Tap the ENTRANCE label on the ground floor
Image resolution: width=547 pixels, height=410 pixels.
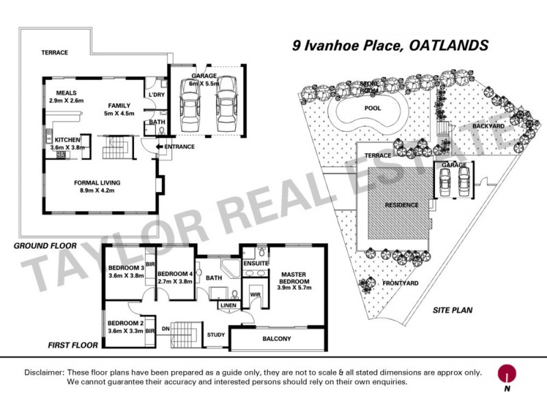[179, 146]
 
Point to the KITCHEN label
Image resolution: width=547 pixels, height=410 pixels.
[64, 138]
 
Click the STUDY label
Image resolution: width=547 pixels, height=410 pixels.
[216, 335]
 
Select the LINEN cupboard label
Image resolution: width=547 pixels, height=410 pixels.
[228, 305]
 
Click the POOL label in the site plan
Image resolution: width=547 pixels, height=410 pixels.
[373, 109]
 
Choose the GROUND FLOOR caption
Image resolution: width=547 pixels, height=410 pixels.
[45, 243]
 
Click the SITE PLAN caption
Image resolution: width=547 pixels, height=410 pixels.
[453, 310]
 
